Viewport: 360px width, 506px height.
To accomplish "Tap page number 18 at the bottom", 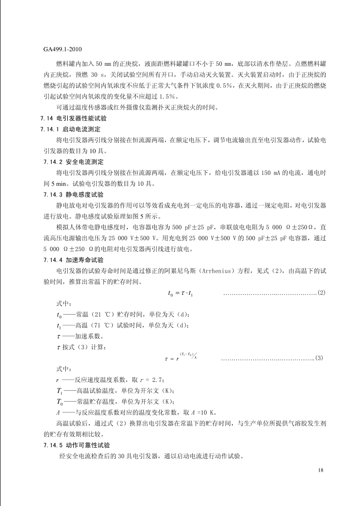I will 321,470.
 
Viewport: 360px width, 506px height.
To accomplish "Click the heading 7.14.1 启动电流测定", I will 72,129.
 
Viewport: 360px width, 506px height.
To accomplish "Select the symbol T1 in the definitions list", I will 60,391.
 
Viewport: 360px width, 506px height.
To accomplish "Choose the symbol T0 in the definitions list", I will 60,402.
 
